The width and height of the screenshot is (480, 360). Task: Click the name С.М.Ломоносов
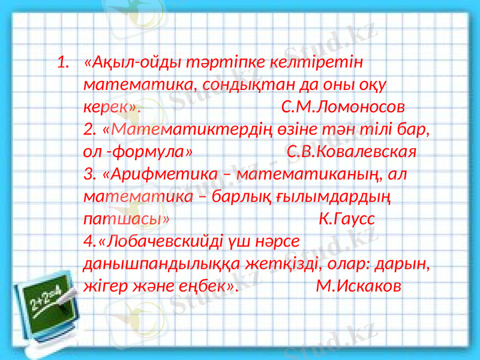pos(343,107)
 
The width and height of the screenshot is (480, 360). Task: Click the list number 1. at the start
pos(64,62)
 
